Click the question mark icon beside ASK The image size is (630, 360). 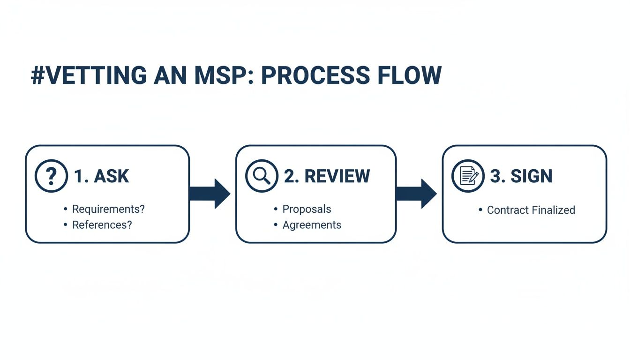pyautogui.click(x=51, y=176)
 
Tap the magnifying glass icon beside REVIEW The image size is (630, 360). pyautogui.click(x=262, y=176)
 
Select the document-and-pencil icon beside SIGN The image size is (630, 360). pyautogui.click(x=468, y=176)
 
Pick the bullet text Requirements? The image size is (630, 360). pyautogui.click(x=108, y=209)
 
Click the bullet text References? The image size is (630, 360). pyautogui.click(x=102, y=225)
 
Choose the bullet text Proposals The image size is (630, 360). pyautogui.click(x=307, y=209)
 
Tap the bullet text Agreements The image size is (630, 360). pyautogui.click(x=312, y=225)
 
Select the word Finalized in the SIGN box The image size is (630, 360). pyautogui.click(x=552, y=210)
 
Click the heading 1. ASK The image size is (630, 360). pyautogui.click(x=101, y=176)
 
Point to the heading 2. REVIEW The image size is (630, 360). pyautogui.click(x=327, y=176)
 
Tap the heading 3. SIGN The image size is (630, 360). pyautogui.click(x=521, y=176)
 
